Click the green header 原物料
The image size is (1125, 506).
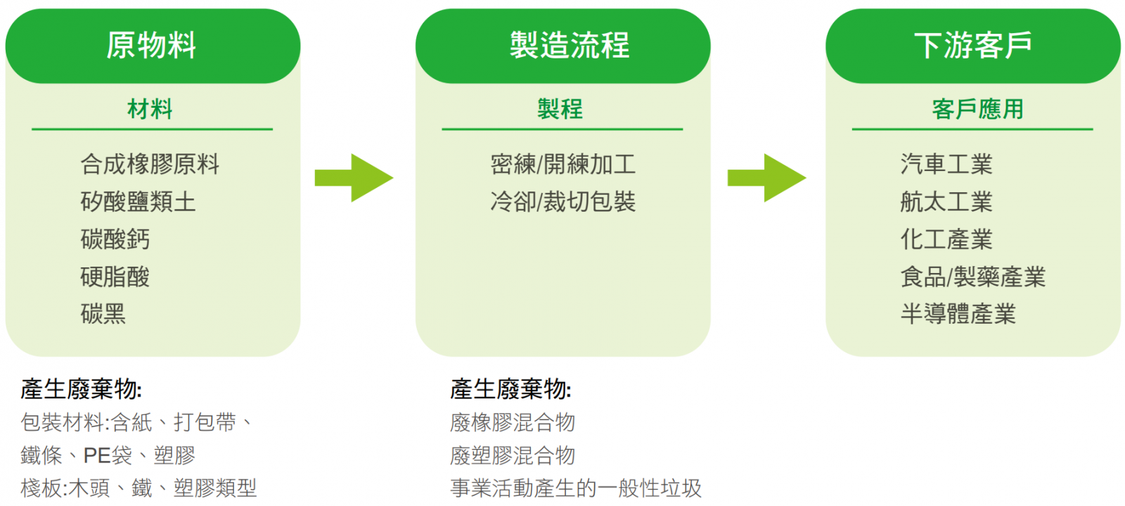(152, 46)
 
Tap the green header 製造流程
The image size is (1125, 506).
(569, 46)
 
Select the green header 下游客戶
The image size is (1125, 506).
(972, 46)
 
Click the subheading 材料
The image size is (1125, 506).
(150, 109)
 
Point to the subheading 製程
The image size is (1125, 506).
(560, 109)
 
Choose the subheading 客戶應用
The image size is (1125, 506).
(977, 109)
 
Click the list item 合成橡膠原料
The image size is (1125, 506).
(150, 165)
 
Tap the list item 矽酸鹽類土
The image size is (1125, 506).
(138, 202)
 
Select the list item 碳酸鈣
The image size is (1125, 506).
(115, 239)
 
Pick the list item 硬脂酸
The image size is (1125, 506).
(115, 277)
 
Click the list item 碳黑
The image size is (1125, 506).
(103, 314)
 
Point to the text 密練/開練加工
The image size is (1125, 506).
(562, 165)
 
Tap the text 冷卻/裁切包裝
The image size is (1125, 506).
(562, 202)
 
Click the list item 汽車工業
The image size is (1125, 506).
(946, 165)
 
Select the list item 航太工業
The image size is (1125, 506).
(946, 202)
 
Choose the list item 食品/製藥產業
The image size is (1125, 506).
(972, 277)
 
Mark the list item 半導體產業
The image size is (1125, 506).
(958, 314)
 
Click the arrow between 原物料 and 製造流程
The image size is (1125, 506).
(354, 177)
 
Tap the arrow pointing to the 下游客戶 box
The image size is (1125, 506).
(766, 177)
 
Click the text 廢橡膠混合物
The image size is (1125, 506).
(513, 423)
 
